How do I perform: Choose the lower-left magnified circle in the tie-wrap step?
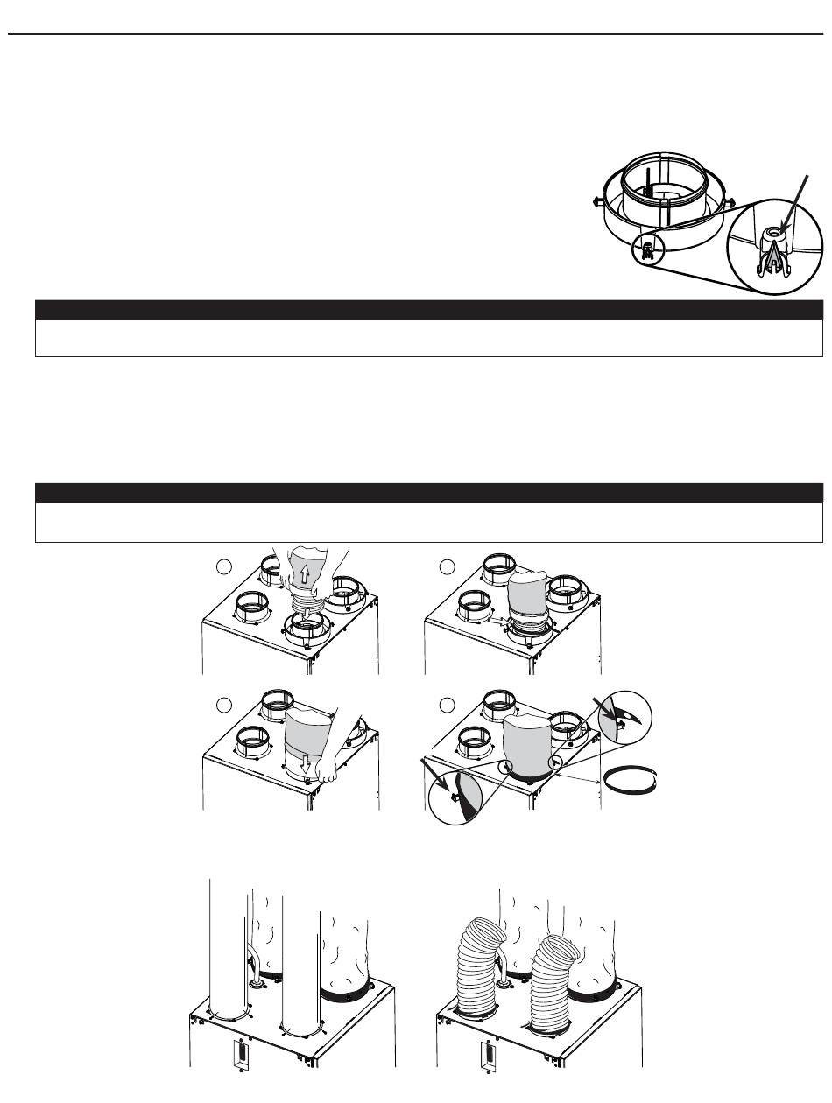tap(463, 792)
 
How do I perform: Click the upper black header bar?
tap(428, 309)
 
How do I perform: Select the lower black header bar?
tap(428, 492)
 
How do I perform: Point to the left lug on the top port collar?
tap(599, 200)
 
